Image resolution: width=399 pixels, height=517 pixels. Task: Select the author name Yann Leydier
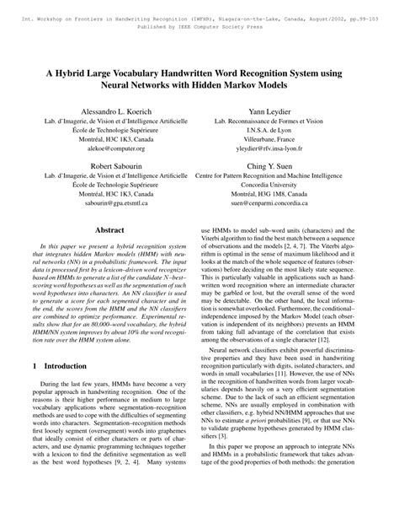(294, 110)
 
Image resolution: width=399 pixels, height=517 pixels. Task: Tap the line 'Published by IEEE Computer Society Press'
(199, 15)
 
